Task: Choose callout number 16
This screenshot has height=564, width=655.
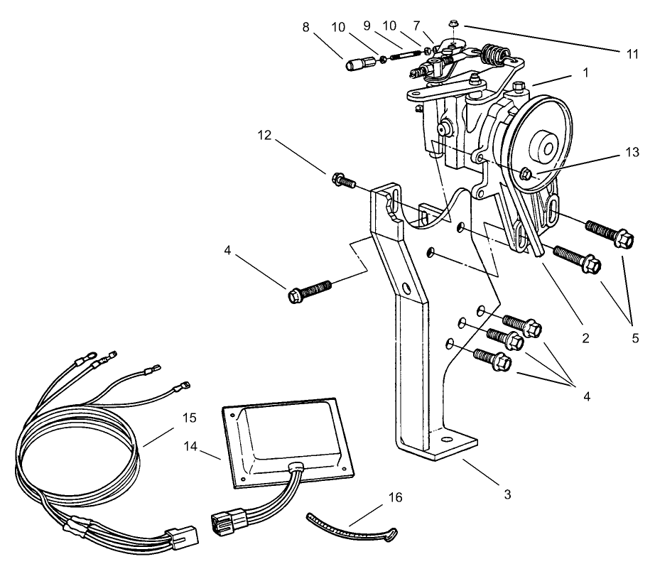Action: (x=395, y=497)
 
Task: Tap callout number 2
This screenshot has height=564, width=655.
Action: (x=585, y=338)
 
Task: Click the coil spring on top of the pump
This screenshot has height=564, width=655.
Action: (x=494, y=53)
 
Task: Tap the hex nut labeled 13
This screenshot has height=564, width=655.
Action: (x=526, y=173)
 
